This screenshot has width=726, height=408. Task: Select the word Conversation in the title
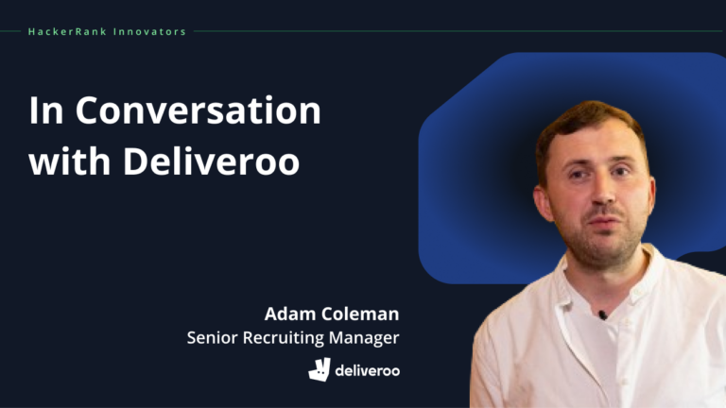click(x=198, y=111)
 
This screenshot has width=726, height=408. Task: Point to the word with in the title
click(x=65, y=161)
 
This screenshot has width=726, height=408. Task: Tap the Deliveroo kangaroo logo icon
click(x=320, y=369)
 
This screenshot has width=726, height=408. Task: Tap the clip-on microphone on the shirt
click(x=601, y=314)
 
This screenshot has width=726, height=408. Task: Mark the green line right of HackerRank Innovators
click(x=454, y=31)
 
